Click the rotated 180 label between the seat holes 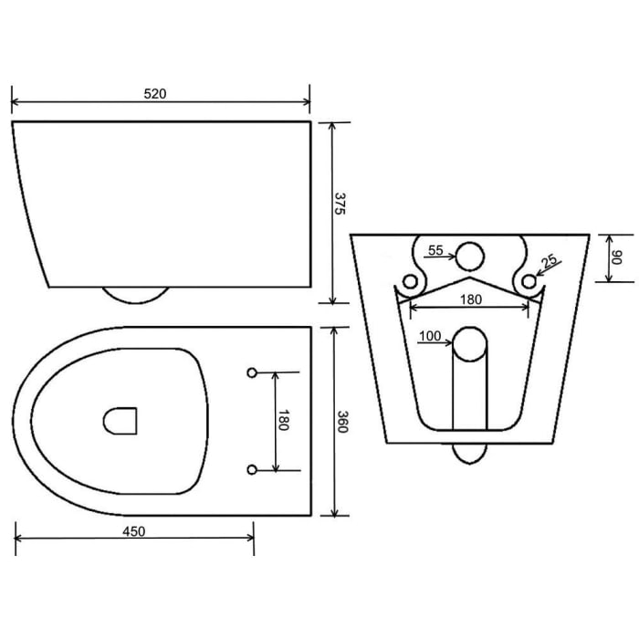pyautogui.click(x=284, y=421)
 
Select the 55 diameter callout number pyautogui.click(x=436, y=249)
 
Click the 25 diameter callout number pyautogui.click(x=550, y=261)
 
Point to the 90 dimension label pyautogui.click(x=616, y=258)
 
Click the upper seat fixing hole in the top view pyautogui.click(x=253, y=372)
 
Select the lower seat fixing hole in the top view pyautogui.click(x=253, y=469)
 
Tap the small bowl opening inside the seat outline pyautogui.click(x=120, y=419)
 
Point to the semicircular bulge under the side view pyautogui.click(x=135, y=294)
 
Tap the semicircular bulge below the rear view pyautogui.click(x=469, y=452)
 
